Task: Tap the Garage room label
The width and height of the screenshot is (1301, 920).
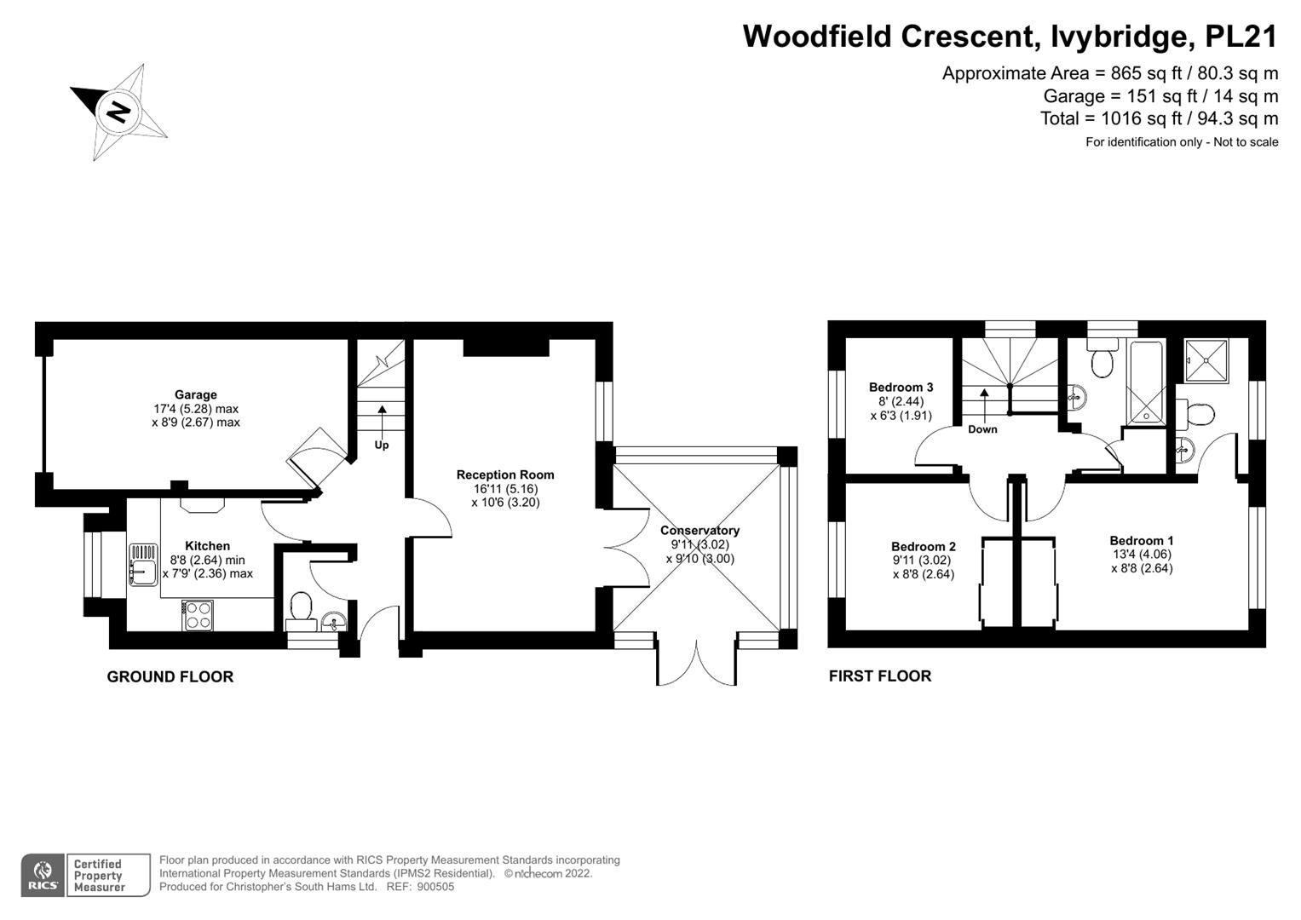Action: click(x=196, y=394)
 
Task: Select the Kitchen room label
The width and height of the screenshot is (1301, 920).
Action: click(x=208, y=546)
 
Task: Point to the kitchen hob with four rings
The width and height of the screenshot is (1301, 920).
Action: click(x=198, y=615)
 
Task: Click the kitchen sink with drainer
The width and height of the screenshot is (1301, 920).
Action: click(x=143, y=565)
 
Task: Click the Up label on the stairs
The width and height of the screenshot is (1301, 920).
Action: click(x=382, y=445)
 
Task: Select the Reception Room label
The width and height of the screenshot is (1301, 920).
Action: click(x=505, y=474)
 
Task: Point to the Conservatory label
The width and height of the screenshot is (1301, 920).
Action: click(x=699, y=530)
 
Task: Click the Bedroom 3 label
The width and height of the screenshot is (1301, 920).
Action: click(x=901, y=388)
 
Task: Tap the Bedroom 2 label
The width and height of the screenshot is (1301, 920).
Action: click(x=924, y=546)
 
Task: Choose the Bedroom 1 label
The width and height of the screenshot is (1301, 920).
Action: click(x=1142, y=540)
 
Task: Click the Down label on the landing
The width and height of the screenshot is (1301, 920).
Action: click(x=982, y=429)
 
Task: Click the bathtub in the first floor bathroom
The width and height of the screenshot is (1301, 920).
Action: click(x=1145, y=382)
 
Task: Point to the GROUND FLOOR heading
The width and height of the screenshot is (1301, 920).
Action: click(x=170, y=676)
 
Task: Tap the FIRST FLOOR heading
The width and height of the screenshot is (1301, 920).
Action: click(x=880, y=676)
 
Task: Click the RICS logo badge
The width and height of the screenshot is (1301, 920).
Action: click(x=43, y=875)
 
